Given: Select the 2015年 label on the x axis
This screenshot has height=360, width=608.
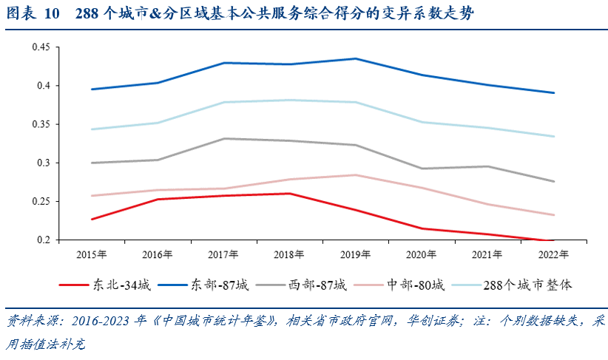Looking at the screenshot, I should pyautogui.click(x=92, y=254).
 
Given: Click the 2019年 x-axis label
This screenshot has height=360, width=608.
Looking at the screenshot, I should pyautogui.click(x=355, y=254).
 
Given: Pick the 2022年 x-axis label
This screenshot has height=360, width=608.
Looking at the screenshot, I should pyautogui.click(x=553, y=254).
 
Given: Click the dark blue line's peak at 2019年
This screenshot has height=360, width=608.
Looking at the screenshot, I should pyautogui.click(x=355, y=58).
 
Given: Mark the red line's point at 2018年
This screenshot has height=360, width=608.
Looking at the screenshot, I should pyautogui.click(x=289, y=194).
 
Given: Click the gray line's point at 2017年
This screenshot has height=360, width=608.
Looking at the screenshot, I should pyautogui.click(x=223, y=138).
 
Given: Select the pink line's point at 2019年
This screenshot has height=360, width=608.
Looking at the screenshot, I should pyautogui.click(x=355, y=175).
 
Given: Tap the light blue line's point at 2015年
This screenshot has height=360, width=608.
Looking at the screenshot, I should pyautogui.click(x=92, y=129).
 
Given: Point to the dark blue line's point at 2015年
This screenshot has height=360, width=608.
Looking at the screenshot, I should pyautogui.click(x=92, y=89).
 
